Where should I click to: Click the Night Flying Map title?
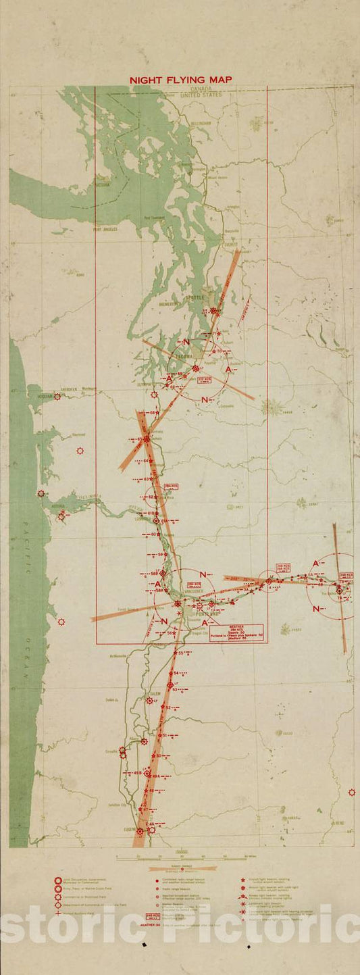point(180,80)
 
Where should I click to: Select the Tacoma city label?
point(184,356)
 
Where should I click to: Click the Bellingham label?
point(201,124)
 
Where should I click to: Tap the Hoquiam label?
point(45,396)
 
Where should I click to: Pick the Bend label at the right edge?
point(339,824)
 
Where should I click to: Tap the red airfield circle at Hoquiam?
point(57,397)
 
